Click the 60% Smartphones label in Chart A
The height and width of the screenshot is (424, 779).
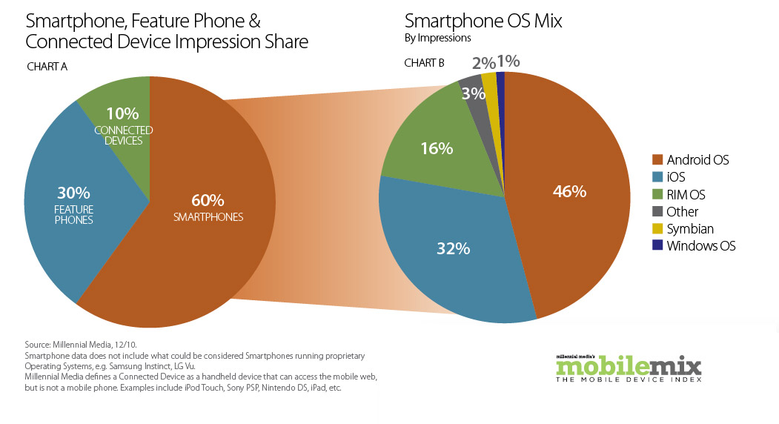click(x=208, y=208)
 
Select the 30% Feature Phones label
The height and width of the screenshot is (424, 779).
click(x=73, y=204)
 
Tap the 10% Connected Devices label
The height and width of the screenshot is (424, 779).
click(x=123, y=125)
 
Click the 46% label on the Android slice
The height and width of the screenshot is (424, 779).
click(x=569, y=191)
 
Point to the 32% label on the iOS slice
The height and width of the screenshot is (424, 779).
click(x=453, y=249)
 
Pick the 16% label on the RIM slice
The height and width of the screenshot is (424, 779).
click(x=436, y=148)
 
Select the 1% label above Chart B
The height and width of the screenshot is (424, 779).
click(x=508, y=61)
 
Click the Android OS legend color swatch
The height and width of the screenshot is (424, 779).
click(x=656, y=159)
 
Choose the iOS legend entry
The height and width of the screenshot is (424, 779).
click(x=675, y=177)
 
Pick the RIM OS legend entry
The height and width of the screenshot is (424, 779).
click(x=686, y=194)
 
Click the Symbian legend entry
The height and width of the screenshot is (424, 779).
click(x=689, y=229)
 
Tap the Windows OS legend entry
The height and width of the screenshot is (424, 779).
click(x=700, y=246)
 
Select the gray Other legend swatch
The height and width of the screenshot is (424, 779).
click(x=656, y=212)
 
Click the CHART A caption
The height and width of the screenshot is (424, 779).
click(x=47, y=67)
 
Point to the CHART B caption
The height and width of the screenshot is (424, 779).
click(x=424, y=63)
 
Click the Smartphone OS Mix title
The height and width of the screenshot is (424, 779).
click(x=483, y=21)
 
